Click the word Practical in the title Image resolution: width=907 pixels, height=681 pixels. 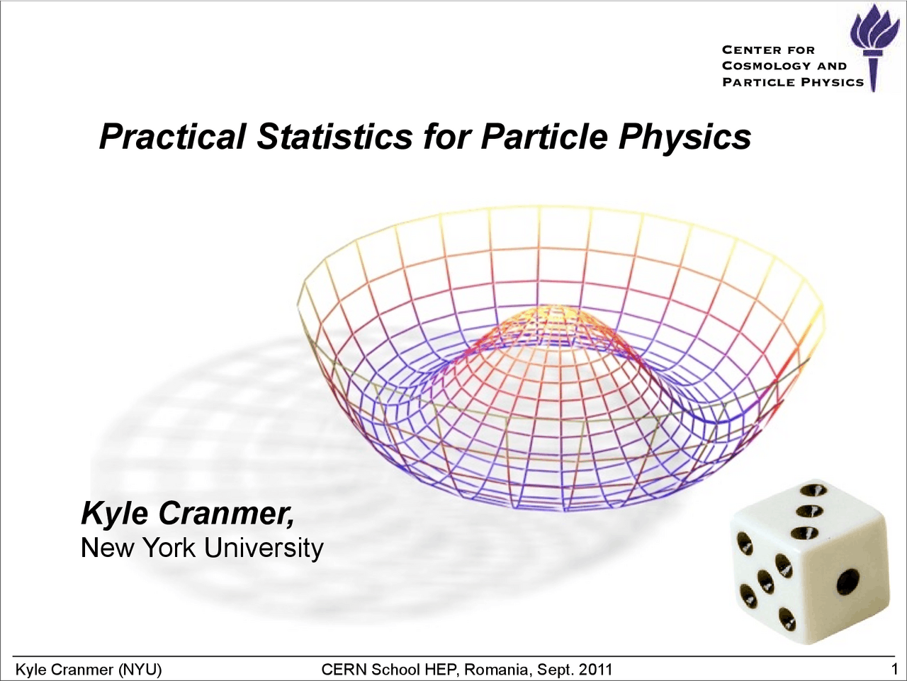click(173, 137)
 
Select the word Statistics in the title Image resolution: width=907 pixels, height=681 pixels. click(334, 137)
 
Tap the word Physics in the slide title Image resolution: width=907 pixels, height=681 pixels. click(685, 137)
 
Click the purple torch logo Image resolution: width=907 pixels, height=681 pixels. click(874, 46)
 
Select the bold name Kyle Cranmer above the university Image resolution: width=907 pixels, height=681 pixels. click(188, 514)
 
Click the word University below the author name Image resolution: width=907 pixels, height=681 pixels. click(263, 548)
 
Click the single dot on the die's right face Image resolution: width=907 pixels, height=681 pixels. click(847, 581)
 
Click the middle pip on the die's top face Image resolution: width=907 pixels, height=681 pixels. click(807, 511)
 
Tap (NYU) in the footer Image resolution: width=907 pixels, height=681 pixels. click(140, 669)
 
